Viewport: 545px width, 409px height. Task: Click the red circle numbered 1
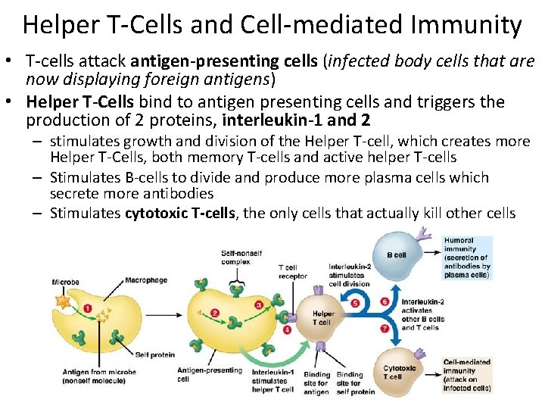[88, 308]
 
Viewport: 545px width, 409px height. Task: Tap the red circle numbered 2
[215, 313]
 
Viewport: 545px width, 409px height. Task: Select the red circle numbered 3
[260, 305]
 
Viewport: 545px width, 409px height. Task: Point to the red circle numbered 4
[287, 329]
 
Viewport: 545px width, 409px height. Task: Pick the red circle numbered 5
[356, 304]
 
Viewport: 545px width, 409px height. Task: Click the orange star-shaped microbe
[62, 299]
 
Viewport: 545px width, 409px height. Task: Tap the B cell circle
[396, 254]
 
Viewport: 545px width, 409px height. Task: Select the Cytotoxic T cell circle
[398, 373]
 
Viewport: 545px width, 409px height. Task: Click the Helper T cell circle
[322, 317]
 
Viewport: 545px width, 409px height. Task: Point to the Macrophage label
[146, 280]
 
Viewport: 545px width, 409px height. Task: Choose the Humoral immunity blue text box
[467, 258]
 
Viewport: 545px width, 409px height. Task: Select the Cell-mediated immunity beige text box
[467, 376]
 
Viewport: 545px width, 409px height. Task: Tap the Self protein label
[154, 354]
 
